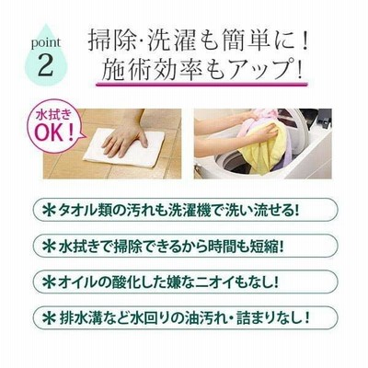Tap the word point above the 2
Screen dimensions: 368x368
tap(46, 43)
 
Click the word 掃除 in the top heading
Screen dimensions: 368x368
tap(111, 40)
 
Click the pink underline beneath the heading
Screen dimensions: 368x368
tap(201, 85)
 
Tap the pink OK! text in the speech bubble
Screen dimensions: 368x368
tap(55, 132)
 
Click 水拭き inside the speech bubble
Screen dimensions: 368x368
tap(54, 116)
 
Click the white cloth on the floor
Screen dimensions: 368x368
tap(125, 148)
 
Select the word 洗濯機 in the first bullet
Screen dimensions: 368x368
tap(190, 211)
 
